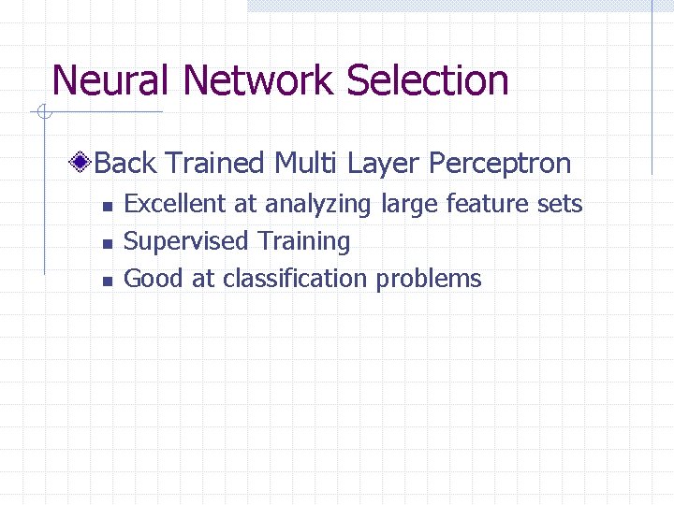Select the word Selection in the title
(x=428, y=80)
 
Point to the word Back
(x=125, y=164)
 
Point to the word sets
(x=561, y=204)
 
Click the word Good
(x=154, y=279)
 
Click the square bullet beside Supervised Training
(x=108, y=243)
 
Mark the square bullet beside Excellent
(x=108, y=206)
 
